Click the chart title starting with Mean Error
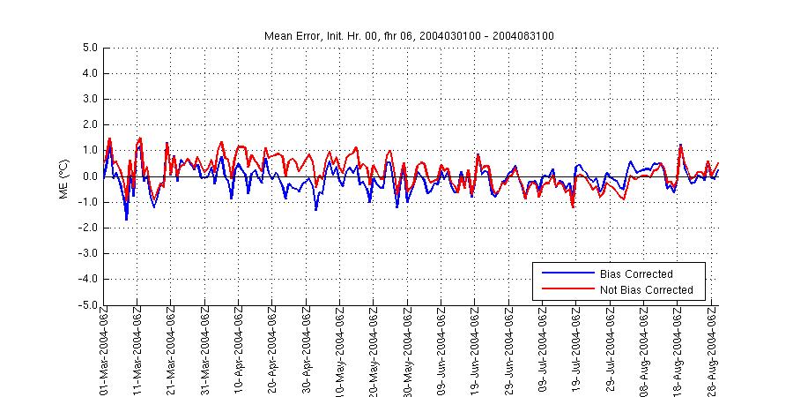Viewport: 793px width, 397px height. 409,35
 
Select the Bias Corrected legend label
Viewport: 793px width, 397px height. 635,273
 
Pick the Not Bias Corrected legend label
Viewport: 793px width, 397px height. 646,289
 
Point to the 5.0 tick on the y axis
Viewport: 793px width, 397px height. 89,48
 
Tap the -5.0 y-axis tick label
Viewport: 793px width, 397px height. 87,305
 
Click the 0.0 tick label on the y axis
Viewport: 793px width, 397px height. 89,176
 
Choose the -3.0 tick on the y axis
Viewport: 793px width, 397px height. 87,254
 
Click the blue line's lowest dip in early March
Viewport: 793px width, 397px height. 127,220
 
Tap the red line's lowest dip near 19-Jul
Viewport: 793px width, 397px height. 574,207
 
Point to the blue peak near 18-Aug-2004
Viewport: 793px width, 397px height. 680,145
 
